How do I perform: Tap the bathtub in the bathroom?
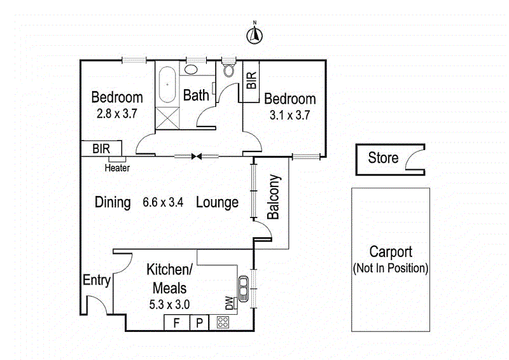coord(167,85)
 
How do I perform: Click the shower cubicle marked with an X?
coord(167,118)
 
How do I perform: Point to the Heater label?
coord(117,168)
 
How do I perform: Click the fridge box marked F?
coord(176,322)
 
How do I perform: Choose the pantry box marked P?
coord(199,322)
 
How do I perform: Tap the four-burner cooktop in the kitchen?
coord(223,322)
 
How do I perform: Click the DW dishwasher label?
coord(229,305)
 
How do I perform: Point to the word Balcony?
coord(274,197)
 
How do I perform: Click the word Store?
coord(383,158)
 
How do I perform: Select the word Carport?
coord(391,253)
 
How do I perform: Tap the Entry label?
coord(97,280)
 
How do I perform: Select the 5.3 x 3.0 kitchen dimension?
coord(168,304)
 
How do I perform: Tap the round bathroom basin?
coord(192,71)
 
